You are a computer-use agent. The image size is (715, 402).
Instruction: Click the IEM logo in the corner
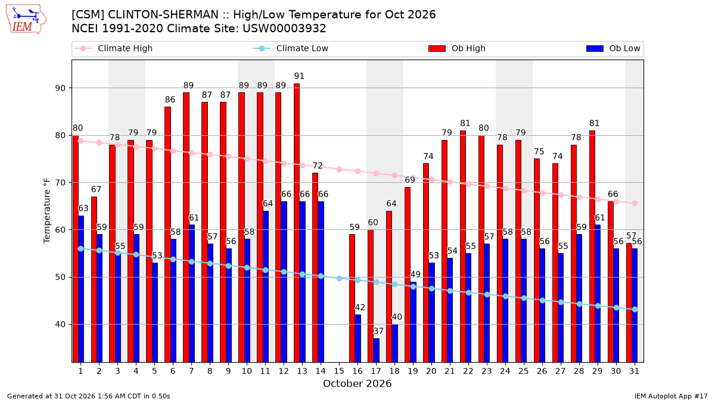click(26, 19)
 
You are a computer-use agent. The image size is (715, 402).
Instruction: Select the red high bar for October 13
click(297, 223)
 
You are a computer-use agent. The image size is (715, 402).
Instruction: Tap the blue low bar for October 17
click(377, 350)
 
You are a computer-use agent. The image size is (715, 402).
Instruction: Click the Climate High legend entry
click(113, 48)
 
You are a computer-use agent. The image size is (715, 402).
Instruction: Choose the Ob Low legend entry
click(613, 48)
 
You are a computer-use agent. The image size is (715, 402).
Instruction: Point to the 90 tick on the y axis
click(60, 88)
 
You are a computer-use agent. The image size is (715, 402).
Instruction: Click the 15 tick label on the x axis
click(339, 371)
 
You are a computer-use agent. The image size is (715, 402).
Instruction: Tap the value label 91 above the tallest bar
click(299, 76)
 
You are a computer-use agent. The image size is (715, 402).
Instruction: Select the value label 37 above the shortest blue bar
click(378, 331)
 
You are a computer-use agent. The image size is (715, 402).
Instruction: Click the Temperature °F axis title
click(47, 211)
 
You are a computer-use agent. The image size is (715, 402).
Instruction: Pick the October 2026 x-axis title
click(357, 384)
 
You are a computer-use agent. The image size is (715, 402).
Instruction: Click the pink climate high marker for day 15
click(339, 169)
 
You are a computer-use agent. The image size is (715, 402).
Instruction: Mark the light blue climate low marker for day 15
click(339, 279)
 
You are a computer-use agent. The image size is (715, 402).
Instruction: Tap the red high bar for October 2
click(94, 279)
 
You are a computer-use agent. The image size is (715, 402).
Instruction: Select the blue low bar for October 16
click(358, 338)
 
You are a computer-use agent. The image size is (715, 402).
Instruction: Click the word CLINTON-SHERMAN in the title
click(163, 15)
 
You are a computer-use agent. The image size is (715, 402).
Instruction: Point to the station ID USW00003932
click(284, 29)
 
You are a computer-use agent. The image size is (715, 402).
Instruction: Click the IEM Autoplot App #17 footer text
click(671, 396)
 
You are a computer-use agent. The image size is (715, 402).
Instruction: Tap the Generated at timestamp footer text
click(88, 396)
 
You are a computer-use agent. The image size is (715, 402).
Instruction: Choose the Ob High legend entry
click(457, 48)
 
